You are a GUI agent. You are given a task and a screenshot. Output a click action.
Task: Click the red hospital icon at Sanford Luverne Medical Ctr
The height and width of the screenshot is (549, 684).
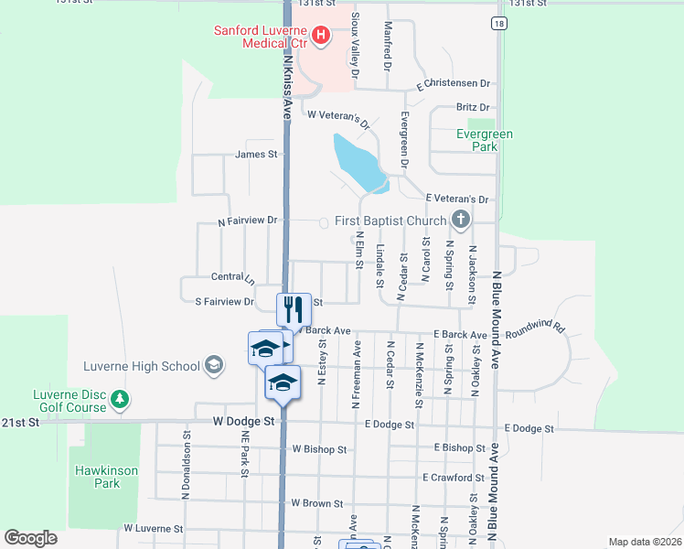point(321,36)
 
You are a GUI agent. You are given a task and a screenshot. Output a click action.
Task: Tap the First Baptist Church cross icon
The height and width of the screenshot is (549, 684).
point(461,220)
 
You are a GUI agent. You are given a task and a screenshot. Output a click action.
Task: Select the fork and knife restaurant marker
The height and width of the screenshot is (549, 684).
point(294,308)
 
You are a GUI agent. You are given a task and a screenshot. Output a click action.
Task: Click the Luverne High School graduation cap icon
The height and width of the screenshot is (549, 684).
point(213,366)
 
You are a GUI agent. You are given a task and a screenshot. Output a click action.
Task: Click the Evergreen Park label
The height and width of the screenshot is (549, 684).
point(485,140)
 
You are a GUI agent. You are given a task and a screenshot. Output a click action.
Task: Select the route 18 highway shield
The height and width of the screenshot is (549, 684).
point(497,24)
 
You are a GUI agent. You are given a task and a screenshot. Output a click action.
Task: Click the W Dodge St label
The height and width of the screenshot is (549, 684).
point(243,422)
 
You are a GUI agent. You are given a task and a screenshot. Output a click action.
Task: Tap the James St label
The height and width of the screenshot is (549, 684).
point(256,155)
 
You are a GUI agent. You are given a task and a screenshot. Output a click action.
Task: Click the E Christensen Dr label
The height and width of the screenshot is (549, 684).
point(454,84)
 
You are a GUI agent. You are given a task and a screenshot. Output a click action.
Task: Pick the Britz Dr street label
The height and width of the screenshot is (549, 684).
point(473,108)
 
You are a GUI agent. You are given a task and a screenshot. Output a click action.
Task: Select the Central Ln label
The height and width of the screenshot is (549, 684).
point(232,276)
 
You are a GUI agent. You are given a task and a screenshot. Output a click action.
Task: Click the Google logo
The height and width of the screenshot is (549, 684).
point(30,538)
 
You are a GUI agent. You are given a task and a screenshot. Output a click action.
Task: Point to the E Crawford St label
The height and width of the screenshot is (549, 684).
point(454,478)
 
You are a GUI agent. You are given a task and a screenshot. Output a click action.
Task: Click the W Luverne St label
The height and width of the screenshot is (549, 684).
point(154,529)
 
